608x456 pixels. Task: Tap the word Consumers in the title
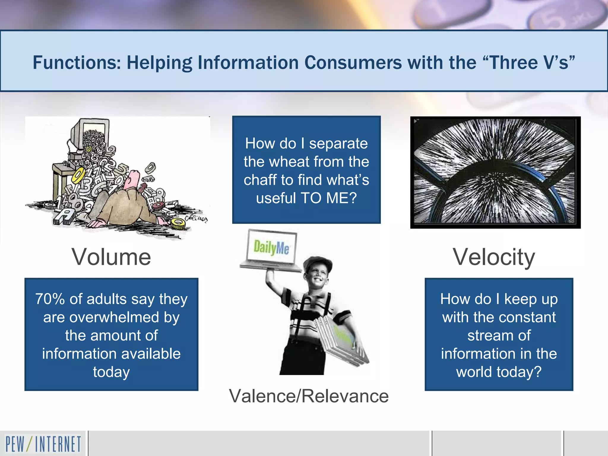pyautogui.click(x=353, y=63)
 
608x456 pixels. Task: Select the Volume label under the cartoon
pyautogui.click(x=111, y=257)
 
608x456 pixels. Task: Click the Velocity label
pyautogui.click(x=494, y=257)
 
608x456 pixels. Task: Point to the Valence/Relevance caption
pyautogui.click(x=309, y=396)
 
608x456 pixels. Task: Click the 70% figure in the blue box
pyautogui.click(x=50, y=299)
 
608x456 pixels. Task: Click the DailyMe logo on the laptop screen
pyautogui.click(x=271, y=248)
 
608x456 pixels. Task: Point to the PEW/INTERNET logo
pyautogui.click(x=43, y=444)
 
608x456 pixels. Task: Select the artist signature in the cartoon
pyautogui.click(x=196, y=219)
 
